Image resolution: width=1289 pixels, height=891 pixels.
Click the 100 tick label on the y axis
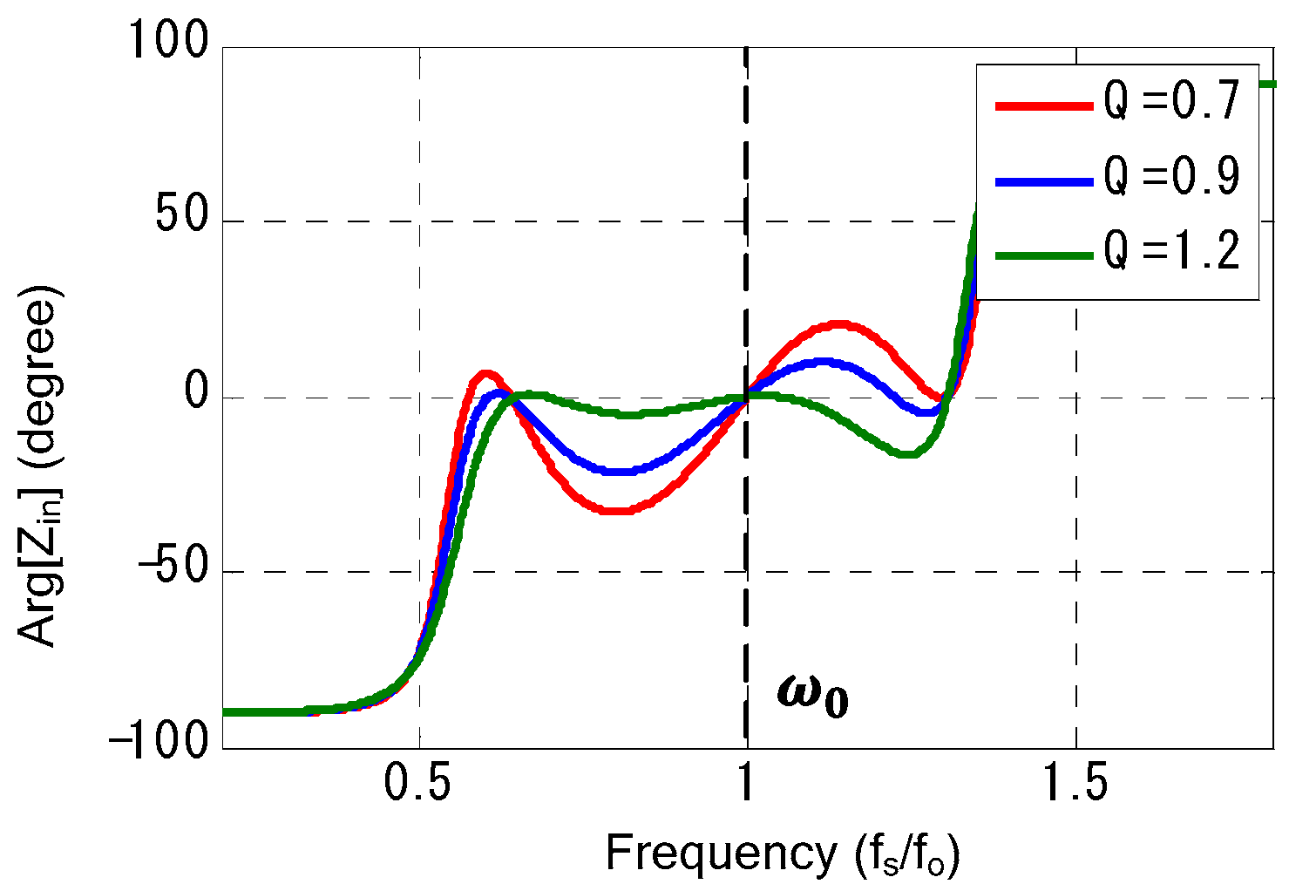pos(169,41)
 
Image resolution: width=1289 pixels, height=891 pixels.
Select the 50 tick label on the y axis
pos(182,217)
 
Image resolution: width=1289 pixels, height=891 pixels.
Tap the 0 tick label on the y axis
pos(196,394)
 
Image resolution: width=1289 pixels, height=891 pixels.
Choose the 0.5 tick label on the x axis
pos(420,785)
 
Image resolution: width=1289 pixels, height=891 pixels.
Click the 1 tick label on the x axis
pos(747,785)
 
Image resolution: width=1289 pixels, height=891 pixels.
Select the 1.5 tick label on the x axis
pos(1075,785)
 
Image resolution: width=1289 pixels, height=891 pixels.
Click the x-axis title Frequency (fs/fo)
pos(782,854)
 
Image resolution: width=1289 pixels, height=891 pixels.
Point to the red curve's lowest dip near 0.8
pos(617,510)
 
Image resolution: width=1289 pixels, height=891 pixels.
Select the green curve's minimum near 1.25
pos(907,454)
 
